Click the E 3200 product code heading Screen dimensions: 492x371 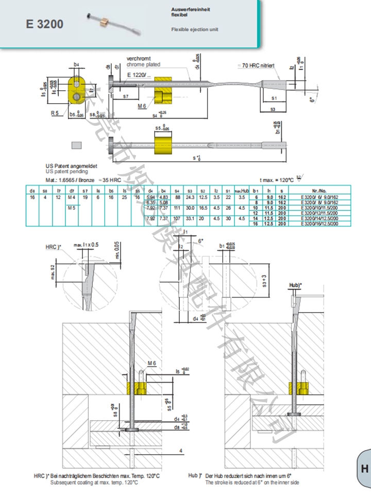click(45, 24)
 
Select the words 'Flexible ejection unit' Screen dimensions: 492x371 click(194, 29)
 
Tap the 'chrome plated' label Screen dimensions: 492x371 click(143, 64)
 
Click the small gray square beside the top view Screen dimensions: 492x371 click(77, 146)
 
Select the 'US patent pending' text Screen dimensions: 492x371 click(66, 171)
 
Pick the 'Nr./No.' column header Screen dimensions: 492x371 click(324, 191)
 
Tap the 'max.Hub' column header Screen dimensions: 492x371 click(242, 191)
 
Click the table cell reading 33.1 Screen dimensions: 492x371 click(190, 219)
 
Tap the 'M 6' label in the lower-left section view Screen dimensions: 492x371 click(152, 364)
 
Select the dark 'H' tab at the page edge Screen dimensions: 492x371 click(364, 468)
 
